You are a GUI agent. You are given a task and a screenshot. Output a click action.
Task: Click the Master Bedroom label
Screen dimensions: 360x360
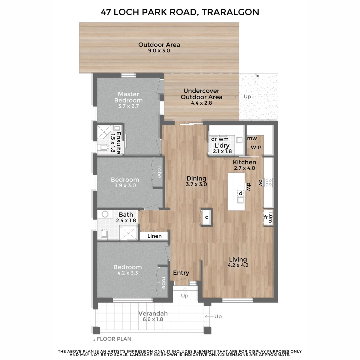pos(128,97)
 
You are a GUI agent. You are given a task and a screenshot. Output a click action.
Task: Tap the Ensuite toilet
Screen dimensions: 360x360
pos(104,148)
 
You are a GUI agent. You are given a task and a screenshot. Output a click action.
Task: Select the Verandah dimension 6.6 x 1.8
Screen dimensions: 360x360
pos(153,319)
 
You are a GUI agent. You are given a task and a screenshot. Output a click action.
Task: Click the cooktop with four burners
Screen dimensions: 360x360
pos(268,182)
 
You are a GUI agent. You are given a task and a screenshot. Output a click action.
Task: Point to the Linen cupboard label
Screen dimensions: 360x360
pos(154,236)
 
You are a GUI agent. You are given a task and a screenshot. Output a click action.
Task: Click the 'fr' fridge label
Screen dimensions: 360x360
pos(266,217)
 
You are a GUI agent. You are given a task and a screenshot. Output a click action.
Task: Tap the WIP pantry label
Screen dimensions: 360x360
pos(256,148)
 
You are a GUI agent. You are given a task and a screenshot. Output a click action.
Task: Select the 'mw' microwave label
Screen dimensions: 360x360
pos(252,138)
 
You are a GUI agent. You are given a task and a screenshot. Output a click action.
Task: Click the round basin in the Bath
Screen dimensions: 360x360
pos(105,214)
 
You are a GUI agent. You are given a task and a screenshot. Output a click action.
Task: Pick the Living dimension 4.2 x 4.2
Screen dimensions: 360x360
pos(238,265)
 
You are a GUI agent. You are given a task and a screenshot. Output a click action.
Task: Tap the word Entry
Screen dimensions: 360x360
pos(181,273)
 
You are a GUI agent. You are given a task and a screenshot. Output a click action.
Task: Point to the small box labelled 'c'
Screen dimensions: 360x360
pos(206,217)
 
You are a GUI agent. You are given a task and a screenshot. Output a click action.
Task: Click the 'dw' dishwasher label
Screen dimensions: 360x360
pos(248,187)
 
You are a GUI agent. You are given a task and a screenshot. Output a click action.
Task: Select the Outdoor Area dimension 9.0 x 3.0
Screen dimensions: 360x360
pos(159,51)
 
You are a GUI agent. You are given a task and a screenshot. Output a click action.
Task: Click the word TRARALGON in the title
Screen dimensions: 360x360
pos(230,12)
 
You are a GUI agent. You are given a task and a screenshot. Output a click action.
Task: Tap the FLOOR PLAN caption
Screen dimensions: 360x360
pos(114,339)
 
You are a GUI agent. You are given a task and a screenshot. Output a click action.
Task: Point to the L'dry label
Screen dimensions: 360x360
pos(222,145)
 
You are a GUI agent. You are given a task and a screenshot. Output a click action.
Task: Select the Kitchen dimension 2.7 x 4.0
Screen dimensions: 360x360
pos(244,168)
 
